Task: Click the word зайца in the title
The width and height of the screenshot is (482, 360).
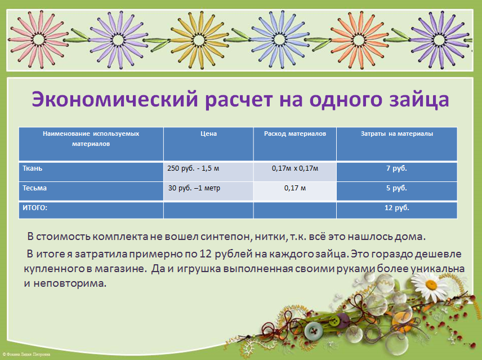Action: coord(419,100)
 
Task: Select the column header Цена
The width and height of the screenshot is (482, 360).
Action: coord(209,134)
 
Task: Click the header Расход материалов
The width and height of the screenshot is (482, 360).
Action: coord(295,134)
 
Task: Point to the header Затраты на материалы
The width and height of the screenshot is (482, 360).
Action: coord(397,134)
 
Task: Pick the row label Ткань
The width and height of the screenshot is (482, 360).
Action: coord(32,168)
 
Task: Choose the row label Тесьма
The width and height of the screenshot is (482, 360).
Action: coord(34,188)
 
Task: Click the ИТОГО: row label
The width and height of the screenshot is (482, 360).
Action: coord(35,208)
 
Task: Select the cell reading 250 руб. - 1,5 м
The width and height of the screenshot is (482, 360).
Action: coord(193,168)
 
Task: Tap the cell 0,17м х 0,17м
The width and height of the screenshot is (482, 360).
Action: coord(295,168)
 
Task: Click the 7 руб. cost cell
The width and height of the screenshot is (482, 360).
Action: coord(396,168)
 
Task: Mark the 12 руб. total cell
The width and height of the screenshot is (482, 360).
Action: coord(397,208)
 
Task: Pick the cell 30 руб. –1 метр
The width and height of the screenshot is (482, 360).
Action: coord(194,188)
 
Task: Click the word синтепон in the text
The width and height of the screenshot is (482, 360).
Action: coord(223,237)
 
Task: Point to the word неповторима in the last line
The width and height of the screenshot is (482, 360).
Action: coord(70,283)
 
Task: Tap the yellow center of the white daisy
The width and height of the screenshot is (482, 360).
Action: coord(431,285)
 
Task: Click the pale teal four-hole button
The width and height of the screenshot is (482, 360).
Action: coord(314,331)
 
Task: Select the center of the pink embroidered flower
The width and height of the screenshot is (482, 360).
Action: coord(38,39)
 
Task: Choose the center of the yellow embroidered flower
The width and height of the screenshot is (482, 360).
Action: coord(199,39)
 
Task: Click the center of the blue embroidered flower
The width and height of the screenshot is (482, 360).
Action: coord(279,40)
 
